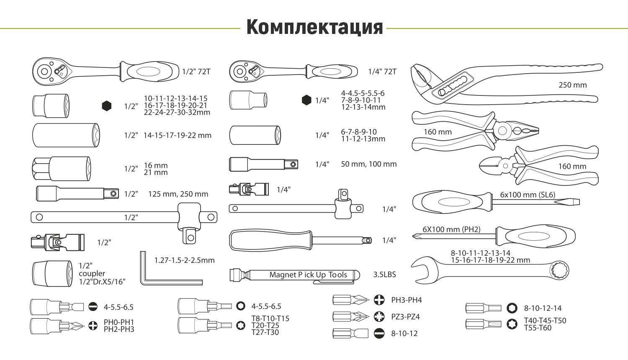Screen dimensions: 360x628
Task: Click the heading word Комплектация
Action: [x=314, y=27]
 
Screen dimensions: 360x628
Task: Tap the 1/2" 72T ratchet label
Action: [x=196, y=72]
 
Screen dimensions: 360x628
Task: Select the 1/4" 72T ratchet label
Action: [x=382, y=72]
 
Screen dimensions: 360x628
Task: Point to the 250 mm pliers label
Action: [x=572, y=85]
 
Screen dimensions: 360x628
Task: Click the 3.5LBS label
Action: [x=384, y=275]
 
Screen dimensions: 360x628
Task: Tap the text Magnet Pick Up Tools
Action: [x=308, y=275]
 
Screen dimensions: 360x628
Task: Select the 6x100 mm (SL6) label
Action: [x=527, y=195]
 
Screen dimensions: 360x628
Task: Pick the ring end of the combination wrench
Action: [x=559, y=270]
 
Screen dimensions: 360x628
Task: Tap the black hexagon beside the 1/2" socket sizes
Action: [x=107, y=106]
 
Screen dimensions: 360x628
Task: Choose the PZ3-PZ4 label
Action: [x=405, y=317]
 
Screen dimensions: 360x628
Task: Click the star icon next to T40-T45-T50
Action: [x=512, y=324]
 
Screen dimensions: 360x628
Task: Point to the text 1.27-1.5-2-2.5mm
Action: [x=184, y=260]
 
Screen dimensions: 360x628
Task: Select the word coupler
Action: [x=92, y=273]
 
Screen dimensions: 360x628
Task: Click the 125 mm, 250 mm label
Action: [x=178, y=194]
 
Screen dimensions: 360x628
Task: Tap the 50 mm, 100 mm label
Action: [x=368, y=164]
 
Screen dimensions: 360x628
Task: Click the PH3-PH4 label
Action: [x=406, y=300]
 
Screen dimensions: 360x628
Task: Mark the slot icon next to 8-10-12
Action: [x=379, y=334]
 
